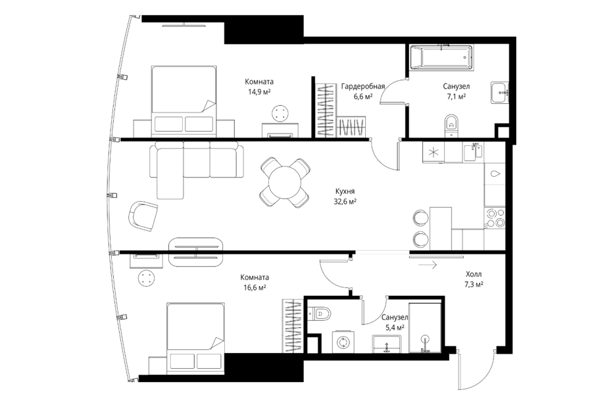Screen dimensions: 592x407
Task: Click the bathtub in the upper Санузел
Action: pos(441,57)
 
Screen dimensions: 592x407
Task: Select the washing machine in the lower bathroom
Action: pos(343,343)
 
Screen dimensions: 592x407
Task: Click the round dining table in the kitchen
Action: pos(285,183)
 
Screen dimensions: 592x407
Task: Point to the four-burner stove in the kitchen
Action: pos(495,218)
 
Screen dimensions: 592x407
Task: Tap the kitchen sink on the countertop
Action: pos(473,151)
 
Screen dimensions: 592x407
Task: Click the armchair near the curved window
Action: pos(143,216)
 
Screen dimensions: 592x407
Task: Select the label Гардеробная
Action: pos(363,86)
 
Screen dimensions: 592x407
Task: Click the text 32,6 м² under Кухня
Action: pos(345,202)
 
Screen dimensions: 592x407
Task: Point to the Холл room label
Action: pos(474,274)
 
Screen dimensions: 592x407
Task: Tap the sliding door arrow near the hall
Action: pos(428,265)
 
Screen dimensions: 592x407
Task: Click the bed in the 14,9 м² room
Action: pos(184,101)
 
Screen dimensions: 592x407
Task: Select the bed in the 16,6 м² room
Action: pos(195,338)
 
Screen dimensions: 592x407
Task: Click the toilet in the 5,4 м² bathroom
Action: pos(320,314)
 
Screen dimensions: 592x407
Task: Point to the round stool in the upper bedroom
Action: pos(280,113)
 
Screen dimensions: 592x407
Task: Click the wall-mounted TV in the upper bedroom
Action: pos(184,25)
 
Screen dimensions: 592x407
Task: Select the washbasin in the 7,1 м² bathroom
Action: pos(501,93)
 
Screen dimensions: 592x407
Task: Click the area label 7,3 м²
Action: pos(474,284)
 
